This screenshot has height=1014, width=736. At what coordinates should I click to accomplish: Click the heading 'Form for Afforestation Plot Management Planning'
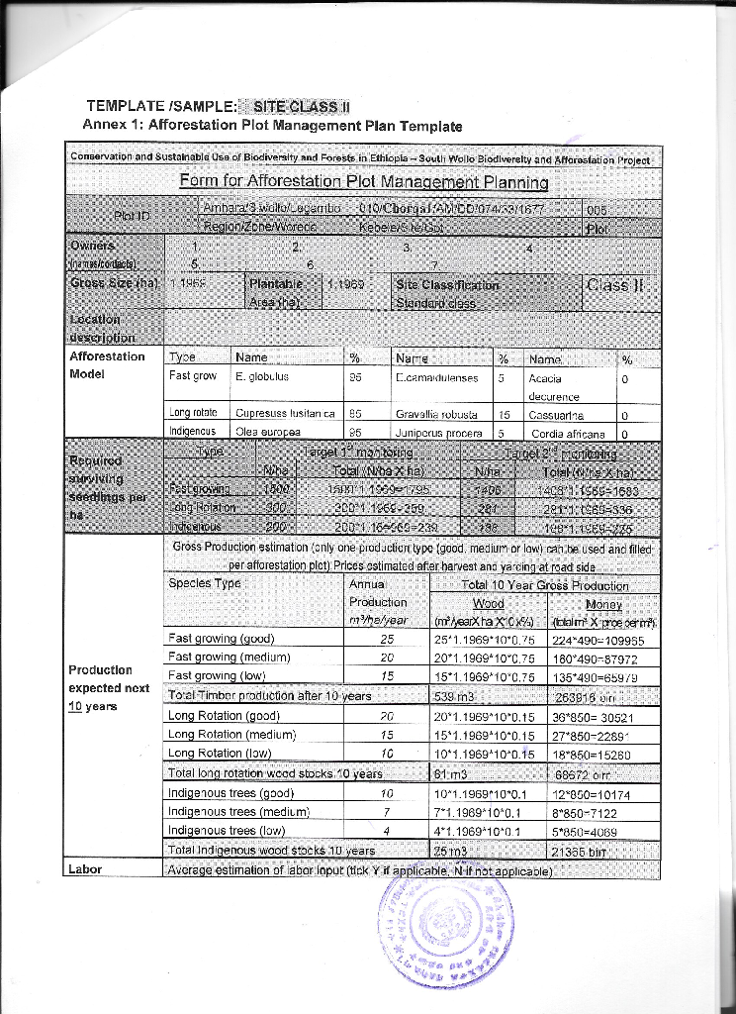363,182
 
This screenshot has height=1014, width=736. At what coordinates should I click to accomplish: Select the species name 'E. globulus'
262,377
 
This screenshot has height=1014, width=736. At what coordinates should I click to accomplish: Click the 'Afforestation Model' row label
107,365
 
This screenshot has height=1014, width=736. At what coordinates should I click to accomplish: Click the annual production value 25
387,639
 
